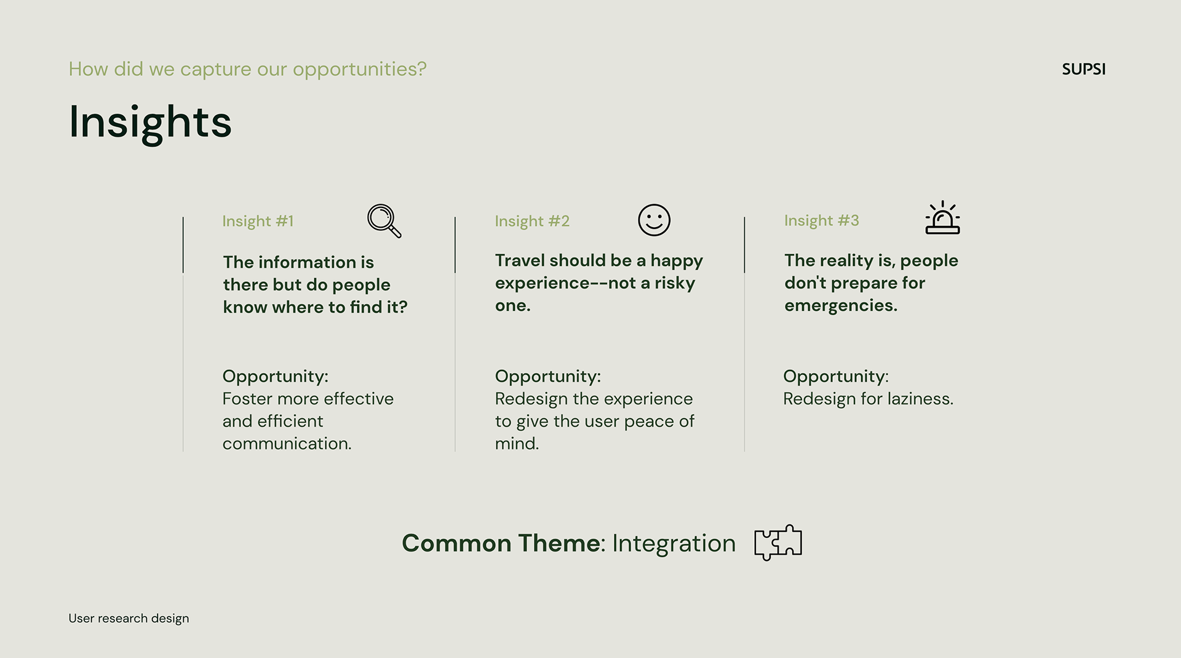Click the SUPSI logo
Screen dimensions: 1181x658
click(1083, 69)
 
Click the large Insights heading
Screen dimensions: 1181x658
click(150, 122)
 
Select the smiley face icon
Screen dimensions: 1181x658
click(654, 220)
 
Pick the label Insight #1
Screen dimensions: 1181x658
click(258, 221)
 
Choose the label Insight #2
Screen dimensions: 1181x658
click(532, 221)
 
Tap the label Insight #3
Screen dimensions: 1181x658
click(821, 220)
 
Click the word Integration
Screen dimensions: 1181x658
click(674, 544)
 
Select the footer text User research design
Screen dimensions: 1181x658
click(129, 619)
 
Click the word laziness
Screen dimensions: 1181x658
click(920, 399)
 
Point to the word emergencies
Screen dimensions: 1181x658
click(841, 305)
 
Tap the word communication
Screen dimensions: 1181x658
click(287, 444)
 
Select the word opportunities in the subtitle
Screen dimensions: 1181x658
click(359, 70)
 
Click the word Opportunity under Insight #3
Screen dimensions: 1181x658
click(835, 377)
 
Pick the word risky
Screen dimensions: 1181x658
click(675, 283)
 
